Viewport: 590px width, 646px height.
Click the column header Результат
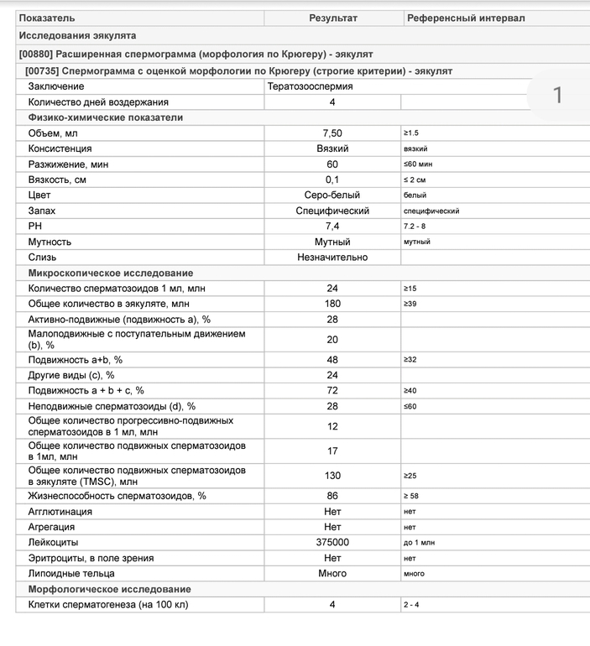point(332,18)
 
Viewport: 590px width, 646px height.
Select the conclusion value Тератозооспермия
point(310,86)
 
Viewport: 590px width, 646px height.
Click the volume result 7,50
point(332,133)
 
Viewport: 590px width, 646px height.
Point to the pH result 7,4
point(332,227)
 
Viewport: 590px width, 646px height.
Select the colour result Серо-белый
point(332,195)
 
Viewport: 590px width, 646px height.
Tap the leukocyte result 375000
point(332,543)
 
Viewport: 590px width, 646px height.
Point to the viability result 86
point(332,496)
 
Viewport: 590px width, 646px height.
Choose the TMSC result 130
point(332,476)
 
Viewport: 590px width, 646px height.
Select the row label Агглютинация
point(60,512)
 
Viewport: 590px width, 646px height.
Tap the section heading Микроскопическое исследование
point(110,274)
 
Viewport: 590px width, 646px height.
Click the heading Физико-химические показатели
point(105,117)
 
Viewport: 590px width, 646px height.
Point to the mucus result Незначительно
point(332,258)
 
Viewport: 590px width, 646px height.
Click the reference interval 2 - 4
point(411,605)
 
